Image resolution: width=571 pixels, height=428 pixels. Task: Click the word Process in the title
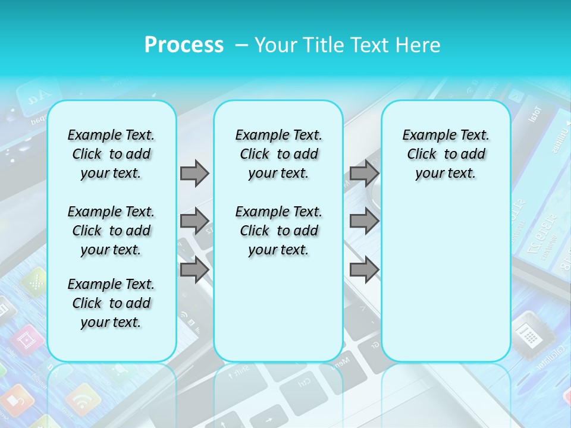pos(184,45)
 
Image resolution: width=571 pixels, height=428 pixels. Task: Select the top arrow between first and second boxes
pos(194,173)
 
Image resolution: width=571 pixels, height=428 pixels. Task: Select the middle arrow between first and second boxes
pos(194,221)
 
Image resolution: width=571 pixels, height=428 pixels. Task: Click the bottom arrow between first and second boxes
pos(194,270)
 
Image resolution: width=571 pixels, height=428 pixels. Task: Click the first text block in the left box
pos(111,154)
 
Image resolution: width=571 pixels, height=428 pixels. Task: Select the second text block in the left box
pos(111,231)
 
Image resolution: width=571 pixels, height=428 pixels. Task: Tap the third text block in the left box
pos(111,303)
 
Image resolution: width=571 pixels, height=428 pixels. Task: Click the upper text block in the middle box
pos(278,154)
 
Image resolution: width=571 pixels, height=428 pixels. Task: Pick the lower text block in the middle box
pos(278,231)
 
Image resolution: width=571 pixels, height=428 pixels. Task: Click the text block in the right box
pos(445,154)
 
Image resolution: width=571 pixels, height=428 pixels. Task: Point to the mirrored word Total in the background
pos(534,113)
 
